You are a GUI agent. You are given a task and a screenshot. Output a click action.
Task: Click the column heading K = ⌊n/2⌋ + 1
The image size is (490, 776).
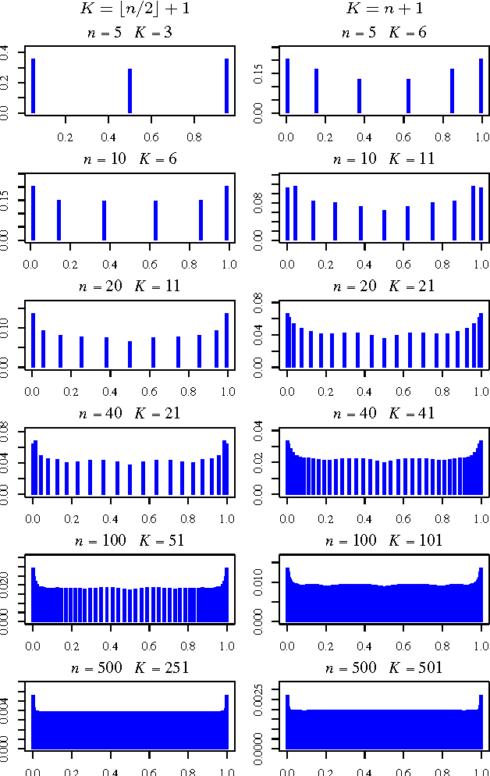point(130,10)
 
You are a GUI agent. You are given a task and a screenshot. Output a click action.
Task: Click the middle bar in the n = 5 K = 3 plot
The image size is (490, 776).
point(130,91)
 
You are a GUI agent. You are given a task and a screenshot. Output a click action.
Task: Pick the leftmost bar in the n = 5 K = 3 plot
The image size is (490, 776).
point(33,86)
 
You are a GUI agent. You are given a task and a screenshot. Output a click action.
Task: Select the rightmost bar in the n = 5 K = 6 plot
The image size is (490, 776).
point(481,86)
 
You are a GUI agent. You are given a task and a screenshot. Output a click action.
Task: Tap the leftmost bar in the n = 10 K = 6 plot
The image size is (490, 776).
point(33,212)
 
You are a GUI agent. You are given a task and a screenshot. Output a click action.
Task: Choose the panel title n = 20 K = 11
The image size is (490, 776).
point(130,286)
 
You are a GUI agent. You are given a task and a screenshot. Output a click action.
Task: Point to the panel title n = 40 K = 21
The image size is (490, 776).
point(130,413)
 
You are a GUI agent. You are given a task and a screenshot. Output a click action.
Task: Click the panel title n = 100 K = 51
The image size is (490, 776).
point(130,540)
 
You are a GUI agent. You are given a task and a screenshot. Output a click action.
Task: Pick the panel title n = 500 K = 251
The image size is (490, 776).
point(130,667)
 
